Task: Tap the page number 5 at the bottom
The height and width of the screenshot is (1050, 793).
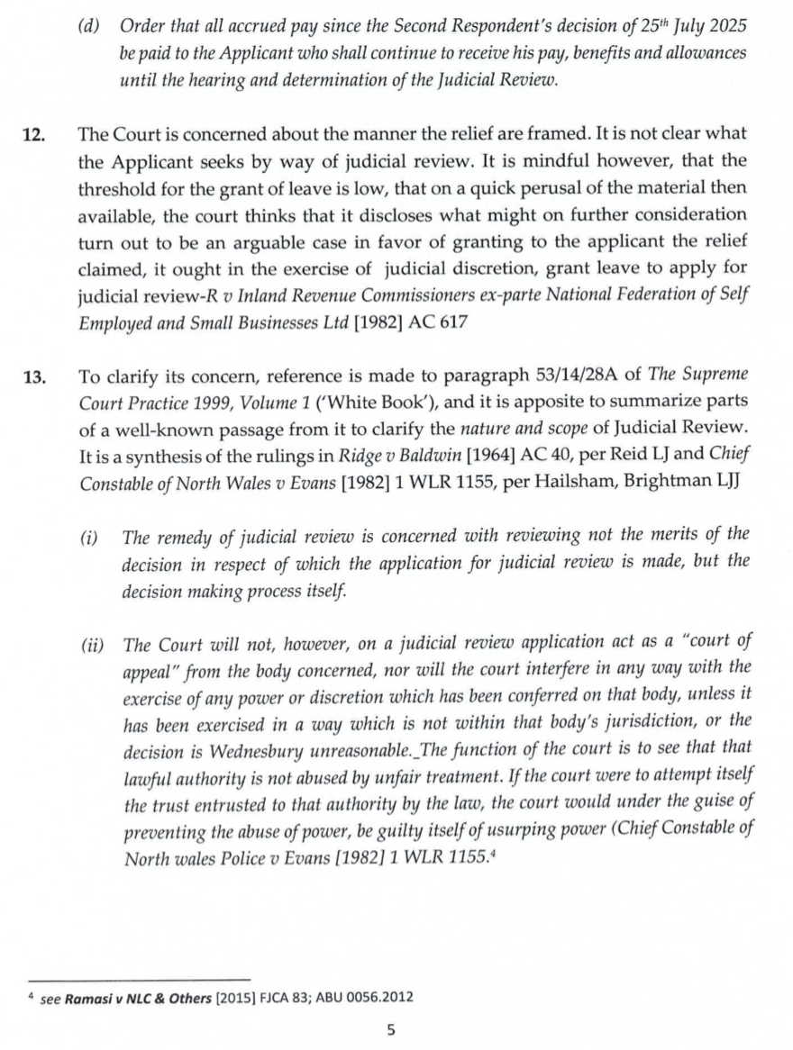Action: click(390, 1029)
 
